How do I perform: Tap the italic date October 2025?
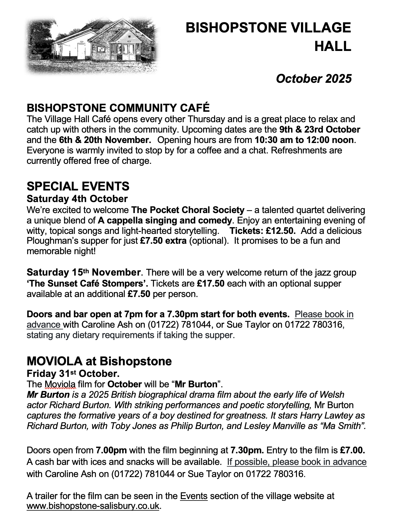[x=313, y=79]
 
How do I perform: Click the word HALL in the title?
[x=333, y=46]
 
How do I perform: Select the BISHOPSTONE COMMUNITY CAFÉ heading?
[x=118, y=108]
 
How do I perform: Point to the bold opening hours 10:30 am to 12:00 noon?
[x=304, y=140]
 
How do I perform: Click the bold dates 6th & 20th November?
[x=105, y=140]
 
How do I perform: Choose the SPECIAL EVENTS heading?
[x=78, y=186]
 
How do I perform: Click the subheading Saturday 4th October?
[x=77, y=199]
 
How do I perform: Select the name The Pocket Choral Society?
[x=188, y=210]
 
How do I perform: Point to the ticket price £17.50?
[x=210, y=283]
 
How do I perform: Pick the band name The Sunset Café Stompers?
[x=87, y=283]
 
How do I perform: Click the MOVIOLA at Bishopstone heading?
[x=99, y=361]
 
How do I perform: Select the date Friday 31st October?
[x=73, y=374]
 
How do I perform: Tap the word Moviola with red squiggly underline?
[x=60, y=384]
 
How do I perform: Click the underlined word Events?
[x=194, y=496]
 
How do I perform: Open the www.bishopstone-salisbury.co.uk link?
[x=93, y=506]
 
